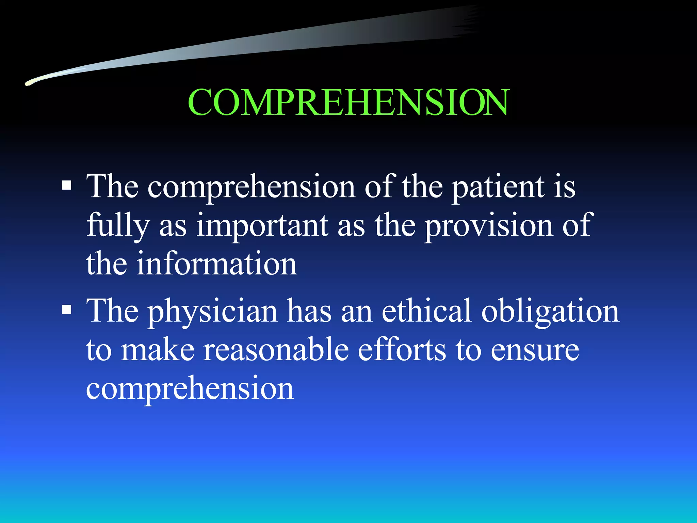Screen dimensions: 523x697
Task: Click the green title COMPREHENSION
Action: pyautogui.click(x=348, y=102)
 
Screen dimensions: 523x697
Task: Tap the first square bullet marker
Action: pyautogui.click(x=67, y=185)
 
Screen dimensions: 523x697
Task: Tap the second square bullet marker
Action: pyautogui.click(x=67, y=310)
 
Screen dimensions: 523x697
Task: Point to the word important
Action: pyautogui.click(x=262, y=225)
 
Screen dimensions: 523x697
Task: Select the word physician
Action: pyautogui.click(x=212, y=312)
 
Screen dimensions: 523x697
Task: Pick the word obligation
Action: pyautogui.click(x=550, y=311)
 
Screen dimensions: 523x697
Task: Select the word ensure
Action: pyautogui.click(x=535, y=351)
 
